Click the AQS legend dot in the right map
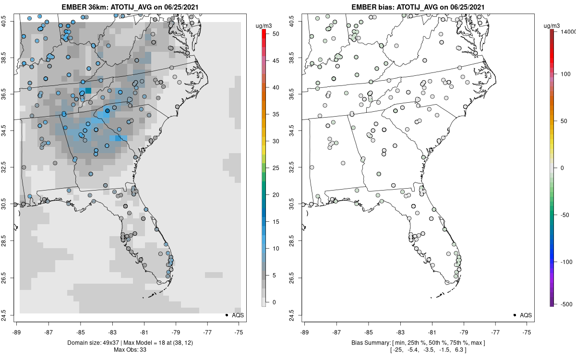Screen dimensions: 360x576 pyautogui.click(x=515, y=315)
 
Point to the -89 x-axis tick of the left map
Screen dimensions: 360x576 pyautogui.click(x=17, y=331)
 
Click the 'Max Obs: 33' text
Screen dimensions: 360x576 pyautogui.click(x=130, y=350)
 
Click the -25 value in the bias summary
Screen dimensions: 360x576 pyautogui.click(x=396, y=350)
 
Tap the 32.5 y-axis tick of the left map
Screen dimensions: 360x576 pyautogui.click(x=10, y=168)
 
